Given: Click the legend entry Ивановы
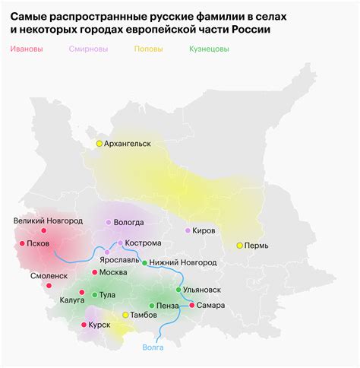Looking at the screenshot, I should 27,49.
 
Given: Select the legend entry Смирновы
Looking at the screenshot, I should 88,49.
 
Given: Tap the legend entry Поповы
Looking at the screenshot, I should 148,49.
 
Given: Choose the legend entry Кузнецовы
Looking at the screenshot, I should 210,49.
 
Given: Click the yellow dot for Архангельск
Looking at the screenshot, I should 99,143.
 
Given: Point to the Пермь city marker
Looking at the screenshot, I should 239,246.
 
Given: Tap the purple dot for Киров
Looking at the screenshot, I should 188,230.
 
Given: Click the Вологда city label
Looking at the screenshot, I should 129,223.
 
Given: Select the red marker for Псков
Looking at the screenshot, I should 21,244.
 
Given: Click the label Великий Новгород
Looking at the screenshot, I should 48,221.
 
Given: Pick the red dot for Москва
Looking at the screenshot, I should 94,272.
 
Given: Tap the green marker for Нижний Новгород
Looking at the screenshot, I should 145,262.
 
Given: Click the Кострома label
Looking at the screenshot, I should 144,243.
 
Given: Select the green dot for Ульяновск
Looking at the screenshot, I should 178,290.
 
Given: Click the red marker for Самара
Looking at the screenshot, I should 191,305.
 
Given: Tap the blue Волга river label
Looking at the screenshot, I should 153,347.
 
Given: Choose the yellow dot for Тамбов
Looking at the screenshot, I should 126,315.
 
